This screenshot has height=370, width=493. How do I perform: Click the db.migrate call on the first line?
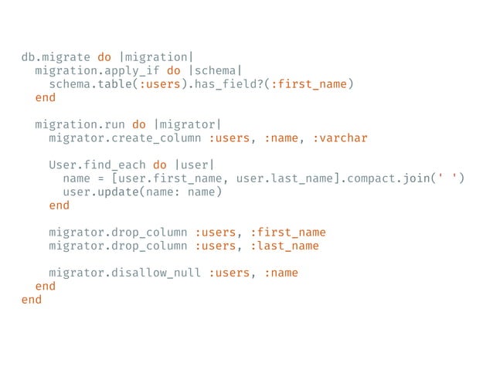click(x=55, y=57)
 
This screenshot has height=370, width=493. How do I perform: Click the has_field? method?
click(x=227, y=84)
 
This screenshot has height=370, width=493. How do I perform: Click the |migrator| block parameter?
click(x=186, y=125)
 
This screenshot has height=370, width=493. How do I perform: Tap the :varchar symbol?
click(x=340, y=138)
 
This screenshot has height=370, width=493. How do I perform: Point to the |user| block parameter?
click(x=192, y=165)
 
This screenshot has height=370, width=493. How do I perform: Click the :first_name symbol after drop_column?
click(x=287, y=233)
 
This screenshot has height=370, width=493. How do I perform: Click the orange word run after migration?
click(x=114, y=125)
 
